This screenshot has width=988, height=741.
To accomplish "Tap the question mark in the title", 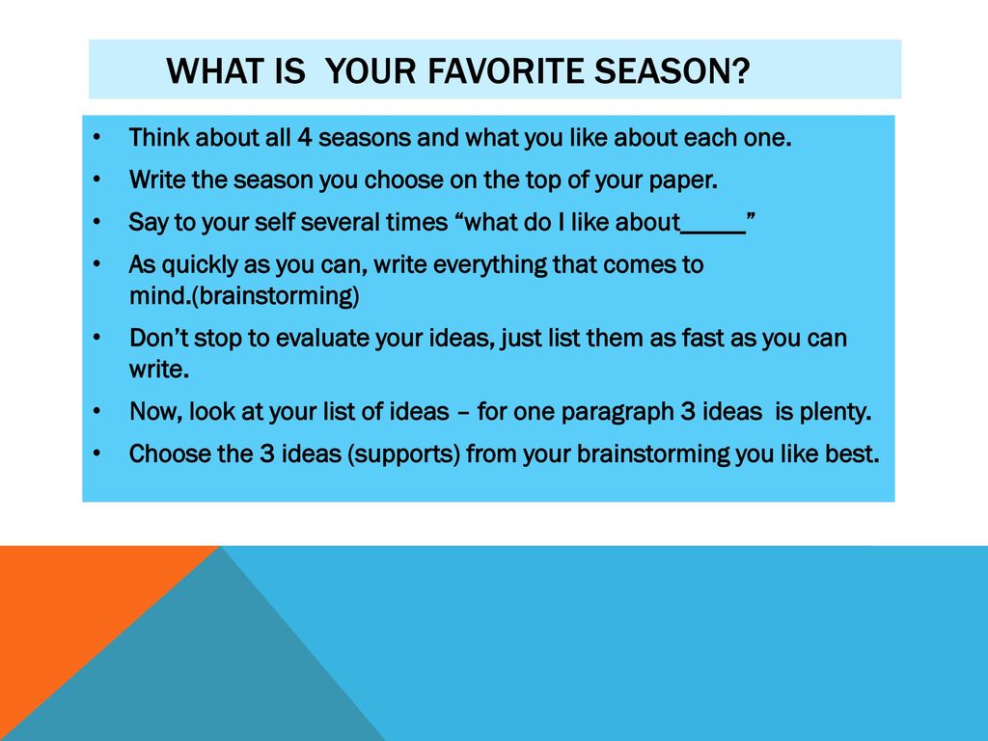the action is point(742,69).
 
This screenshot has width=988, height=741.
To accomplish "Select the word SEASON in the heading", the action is point(663,69).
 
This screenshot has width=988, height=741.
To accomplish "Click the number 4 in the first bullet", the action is point(304,137).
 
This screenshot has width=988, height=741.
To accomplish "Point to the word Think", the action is point(159,137).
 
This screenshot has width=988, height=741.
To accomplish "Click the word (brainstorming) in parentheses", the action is point(275,296).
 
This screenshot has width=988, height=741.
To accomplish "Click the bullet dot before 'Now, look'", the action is point(96,412).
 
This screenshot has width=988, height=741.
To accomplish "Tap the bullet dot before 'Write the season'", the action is point(96,180).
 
